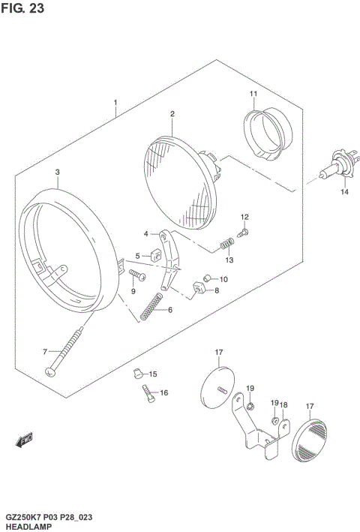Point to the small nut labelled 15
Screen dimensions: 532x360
(x=136, y=371)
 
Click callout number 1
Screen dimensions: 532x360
(x=115, y=101)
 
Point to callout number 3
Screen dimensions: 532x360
(x=57, y=172)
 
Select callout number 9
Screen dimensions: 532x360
(x=133, y=290)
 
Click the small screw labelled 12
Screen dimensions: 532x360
(x=241, y=235)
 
